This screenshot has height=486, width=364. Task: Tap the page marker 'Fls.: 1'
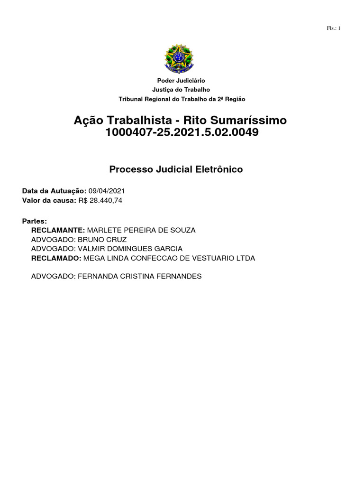(x=334, y=28)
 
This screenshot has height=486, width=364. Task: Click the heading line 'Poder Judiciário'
(x=181, y=81)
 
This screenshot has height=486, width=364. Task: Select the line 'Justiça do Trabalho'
(x=181, y=90)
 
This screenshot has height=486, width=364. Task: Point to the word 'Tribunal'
(x=130, y=99)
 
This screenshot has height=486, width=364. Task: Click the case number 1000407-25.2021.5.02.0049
(x=182, y=132)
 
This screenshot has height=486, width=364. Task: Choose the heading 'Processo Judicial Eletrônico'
(x=176, y=169)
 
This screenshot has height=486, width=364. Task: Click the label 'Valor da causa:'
(x=49, y=200)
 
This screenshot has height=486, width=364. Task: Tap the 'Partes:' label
(x=35, y=221)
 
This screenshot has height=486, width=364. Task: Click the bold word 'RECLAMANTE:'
(x=58, y=230)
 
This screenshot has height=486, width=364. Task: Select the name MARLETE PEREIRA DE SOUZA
(x=141, y=230)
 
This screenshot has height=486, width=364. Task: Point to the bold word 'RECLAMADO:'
(x=56, y=258)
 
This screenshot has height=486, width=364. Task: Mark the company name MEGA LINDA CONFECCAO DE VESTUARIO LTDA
(x=169, y=258)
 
